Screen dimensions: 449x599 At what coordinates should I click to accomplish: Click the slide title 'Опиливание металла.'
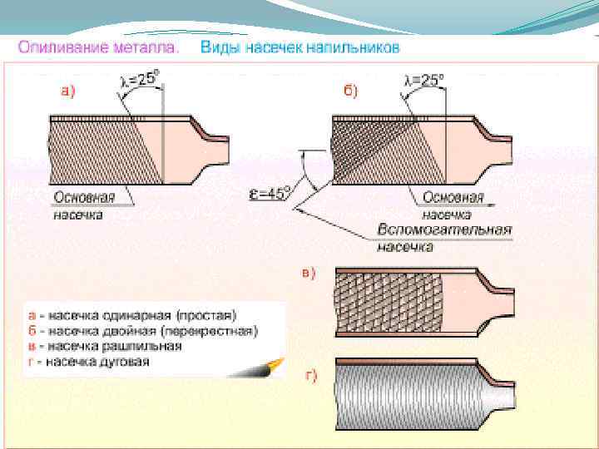[x=98, y=47]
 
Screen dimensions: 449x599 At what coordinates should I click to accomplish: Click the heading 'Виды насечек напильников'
[x=299, y=47]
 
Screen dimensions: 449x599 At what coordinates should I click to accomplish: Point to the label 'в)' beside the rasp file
[x=308, y=274]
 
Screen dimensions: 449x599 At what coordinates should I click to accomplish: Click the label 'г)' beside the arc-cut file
[x=309, y=375]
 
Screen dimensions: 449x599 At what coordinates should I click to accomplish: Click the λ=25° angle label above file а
[x=140, y=81]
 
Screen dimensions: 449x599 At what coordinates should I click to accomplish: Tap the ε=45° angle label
[x=270, y=194]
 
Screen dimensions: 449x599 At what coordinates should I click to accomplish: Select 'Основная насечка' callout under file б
[x=453, y=205]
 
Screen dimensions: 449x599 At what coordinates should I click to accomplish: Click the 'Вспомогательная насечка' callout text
[x=444, y=237]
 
